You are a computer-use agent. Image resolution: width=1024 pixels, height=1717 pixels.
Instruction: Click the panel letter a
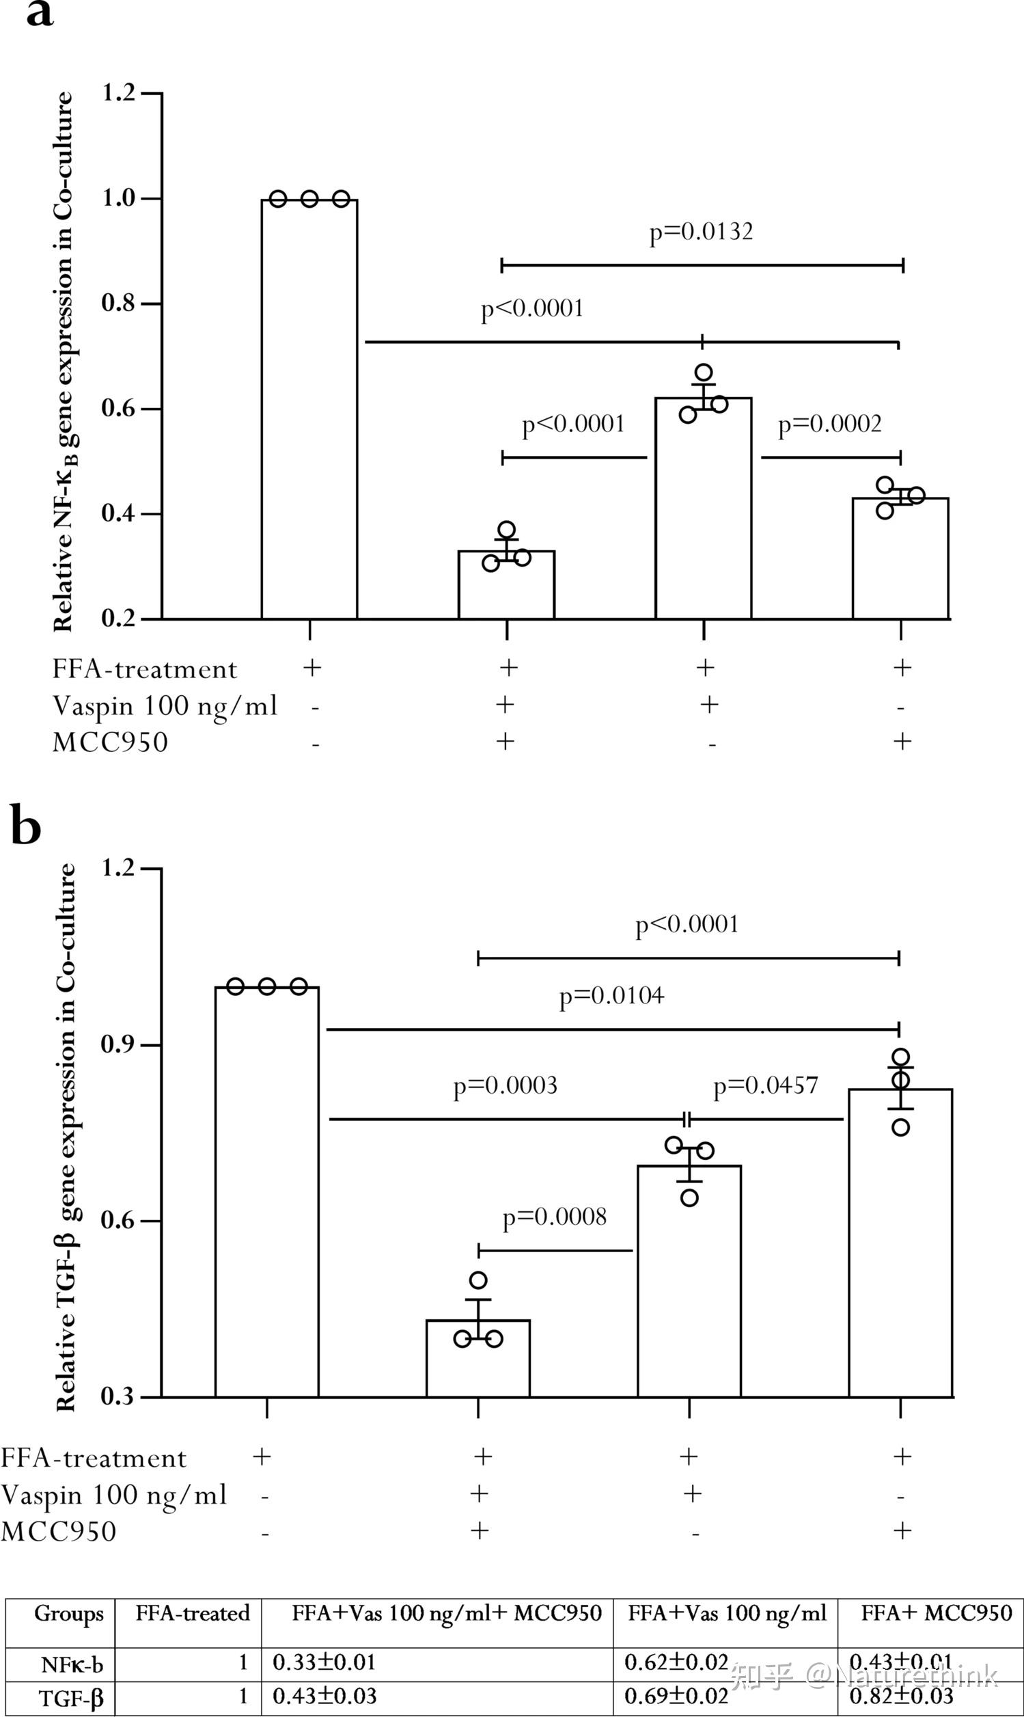[40, 13]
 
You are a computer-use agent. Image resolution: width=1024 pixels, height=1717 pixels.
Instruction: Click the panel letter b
[25, 826]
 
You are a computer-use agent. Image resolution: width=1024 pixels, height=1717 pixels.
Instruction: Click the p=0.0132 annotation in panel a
[700, 232]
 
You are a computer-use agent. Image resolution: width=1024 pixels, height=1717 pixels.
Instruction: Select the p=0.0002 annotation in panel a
[829, 424]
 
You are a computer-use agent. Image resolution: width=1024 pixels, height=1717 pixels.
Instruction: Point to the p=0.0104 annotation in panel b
[611, 995]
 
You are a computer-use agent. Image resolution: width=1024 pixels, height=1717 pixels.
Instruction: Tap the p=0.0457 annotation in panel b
[765, 1086]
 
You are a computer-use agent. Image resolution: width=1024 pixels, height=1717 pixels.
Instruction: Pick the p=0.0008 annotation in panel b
[554, 1217]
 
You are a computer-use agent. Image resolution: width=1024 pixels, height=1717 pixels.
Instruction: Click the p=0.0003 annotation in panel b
[505, 1086]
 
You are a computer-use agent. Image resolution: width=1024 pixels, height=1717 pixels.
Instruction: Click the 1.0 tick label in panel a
[119, 199]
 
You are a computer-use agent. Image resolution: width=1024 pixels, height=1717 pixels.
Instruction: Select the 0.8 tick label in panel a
[119, 303]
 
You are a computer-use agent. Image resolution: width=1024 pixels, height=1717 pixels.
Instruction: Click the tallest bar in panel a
[309, 409]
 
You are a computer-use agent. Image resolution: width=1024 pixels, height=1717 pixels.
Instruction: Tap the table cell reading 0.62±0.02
[676, 1662]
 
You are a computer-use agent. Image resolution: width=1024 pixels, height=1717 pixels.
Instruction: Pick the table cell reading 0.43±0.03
[324, 1696]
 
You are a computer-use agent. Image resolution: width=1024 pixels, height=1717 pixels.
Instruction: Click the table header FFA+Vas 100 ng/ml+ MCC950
[447, 1613]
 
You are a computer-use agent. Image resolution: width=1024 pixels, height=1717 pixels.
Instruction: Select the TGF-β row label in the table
[71, 1698]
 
